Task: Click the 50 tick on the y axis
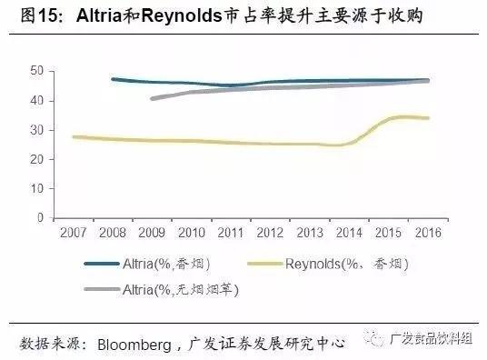click(x=37, y=70)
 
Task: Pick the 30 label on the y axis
click(x=37, y=130)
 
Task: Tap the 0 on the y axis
click(x=41, y=219)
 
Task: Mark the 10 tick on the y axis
click(x=37, y=189)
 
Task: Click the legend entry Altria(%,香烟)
click(x=162, y=265)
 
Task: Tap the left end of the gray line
click(x=152, y=98)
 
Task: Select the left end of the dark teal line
click(x=112, y=79)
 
